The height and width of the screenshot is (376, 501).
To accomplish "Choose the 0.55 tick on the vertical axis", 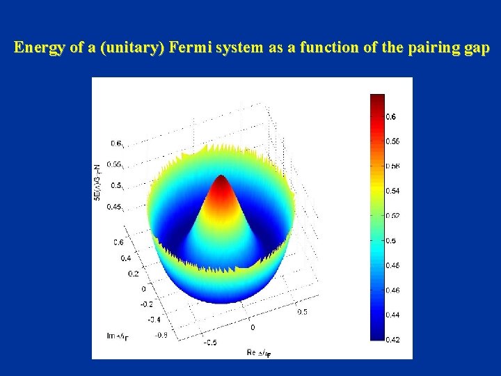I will pos(116,165).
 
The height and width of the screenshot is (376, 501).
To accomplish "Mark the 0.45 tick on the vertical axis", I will pos(116,207).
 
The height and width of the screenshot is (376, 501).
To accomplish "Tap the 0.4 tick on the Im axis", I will pos(125,258).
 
